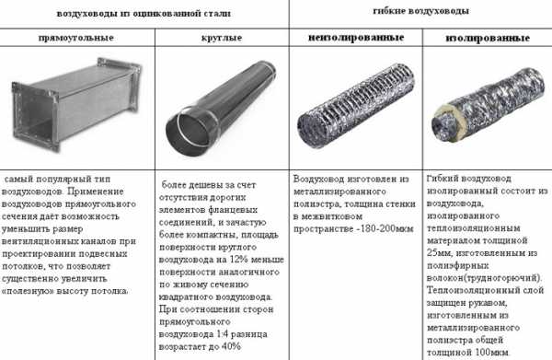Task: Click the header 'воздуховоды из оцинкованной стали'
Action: pos(144,14)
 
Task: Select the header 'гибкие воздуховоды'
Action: pos(420,11)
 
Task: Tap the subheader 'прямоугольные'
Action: pos(76,38)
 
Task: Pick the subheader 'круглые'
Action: pos(222,38)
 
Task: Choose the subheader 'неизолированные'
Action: pos(356,38)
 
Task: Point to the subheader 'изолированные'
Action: pos(488,38)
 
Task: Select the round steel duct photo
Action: pos(221,109)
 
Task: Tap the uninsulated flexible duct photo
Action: pos(355,105)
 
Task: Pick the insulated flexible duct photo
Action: pos(489,105)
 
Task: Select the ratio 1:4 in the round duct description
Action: pos(222,334)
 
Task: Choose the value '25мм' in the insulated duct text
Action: pos(436,253)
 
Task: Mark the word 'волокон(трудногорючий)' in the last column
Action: pos(484,278)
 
